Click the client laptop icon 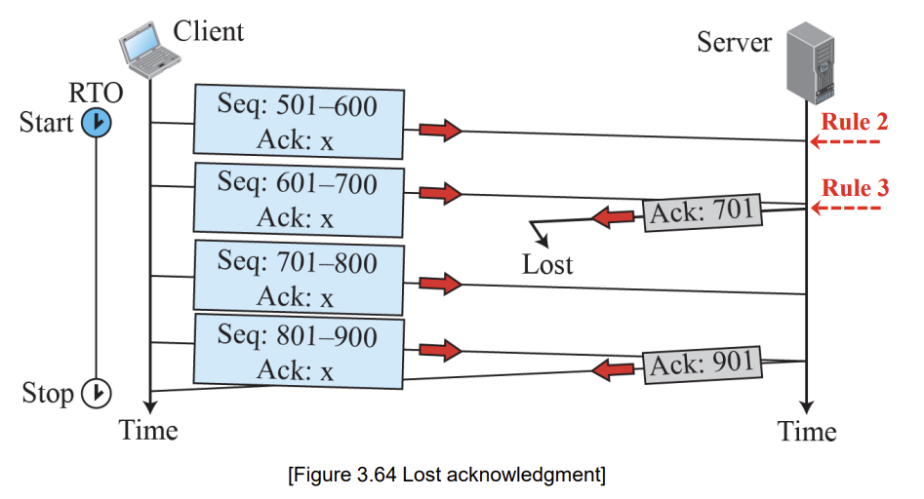pos(149,50)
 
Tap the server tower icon pos(811,62)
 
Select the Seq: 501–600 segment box pos(299,122)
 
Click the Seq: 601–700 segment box pos(299,200)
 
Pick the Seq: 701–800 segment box pos(299,278)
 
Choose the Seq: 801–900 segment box pos(299,352)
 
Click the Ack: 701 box pos(702,212)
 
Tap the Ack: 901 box pos(702,365)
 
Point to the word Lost pos(546,265)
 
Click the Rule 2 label pos(855,122)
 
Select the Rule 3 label pos(855,188)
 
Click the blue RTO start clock pos(96,123)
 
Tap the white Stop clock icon pos(96,393)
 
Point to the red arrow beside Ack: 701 pos(614,217)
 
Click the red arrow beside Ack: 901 pos(614,370)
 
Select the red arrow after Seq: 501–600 pos(440,130)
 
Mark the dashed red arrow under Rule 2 pos(845,142)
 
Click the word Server pos(735,42)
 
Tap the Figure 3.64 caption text pos(447,475)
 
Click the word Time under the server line pos(807,432)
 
